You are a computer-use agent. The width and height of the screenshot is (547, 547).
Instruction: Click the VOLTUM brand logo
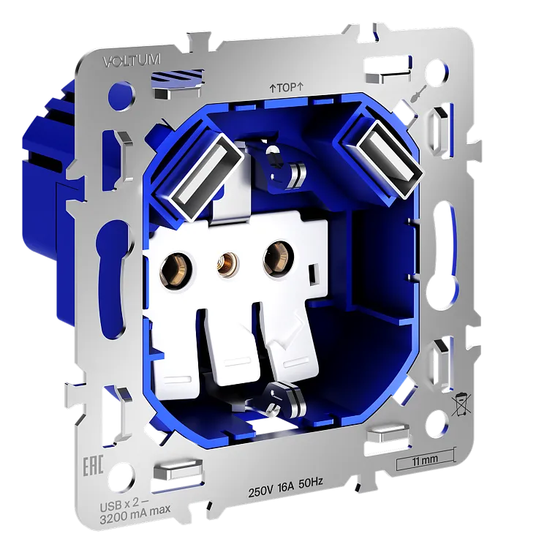(x=132, y=61)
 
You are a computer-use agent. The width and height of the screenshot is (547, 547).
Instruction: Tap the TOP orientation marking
(x=287, y=88)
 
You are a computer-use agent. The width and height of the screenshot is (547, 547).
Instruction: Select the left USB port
(x=205, y=176)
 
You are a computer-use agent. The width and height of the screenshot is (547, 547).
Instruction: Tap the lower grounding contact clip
(x=282, y=398)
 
